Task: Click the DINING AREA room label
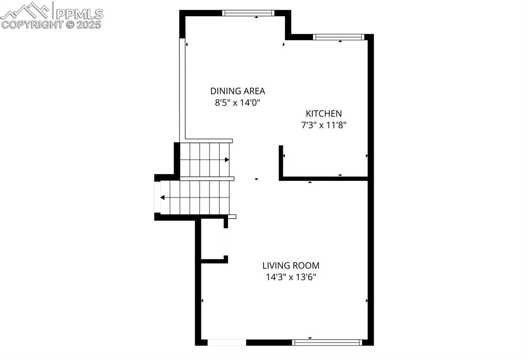click(237, 91)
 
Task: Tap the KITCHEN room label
click(324, 113)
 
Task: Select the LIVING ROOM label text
click(291, 266)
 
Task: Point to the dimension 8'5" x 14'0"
click(237, 103)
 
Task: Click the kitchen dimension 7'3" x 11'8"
click(324, 124)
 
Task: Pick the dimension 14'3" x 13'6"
click(291, 277)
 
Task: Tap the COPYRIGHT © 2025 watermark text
click(52, 24)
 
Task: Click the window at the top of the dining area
click(248, 13)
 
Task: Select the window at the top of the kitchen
click(339, 37)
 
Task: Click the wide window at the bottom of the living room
click(327, 342)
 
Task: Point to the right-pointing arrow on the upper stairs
click(227, 160)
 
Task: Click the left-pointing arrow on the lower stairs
click(163, 198)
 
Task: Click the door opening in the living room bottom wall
click(227, 342)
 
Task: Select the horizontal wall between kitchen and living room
click(324, 179)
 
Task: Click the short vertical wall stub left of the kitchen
click(281, 162)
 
